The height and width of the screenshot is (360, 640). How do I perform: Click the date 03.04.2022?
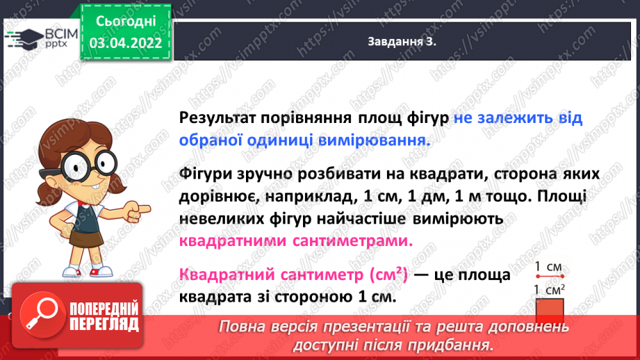tap(126, 43)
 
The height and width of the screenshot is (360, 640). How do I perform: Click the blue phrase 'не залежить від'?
tap(518, 118)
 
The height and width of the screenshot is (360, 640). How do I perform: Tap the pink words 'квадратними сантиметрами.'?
tap(295, 241)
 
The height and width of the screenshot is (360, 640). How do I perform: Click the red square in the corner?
tap(549, 311)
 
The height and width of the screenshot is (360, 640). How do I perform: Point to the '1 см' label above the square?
tap(548, 267)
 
